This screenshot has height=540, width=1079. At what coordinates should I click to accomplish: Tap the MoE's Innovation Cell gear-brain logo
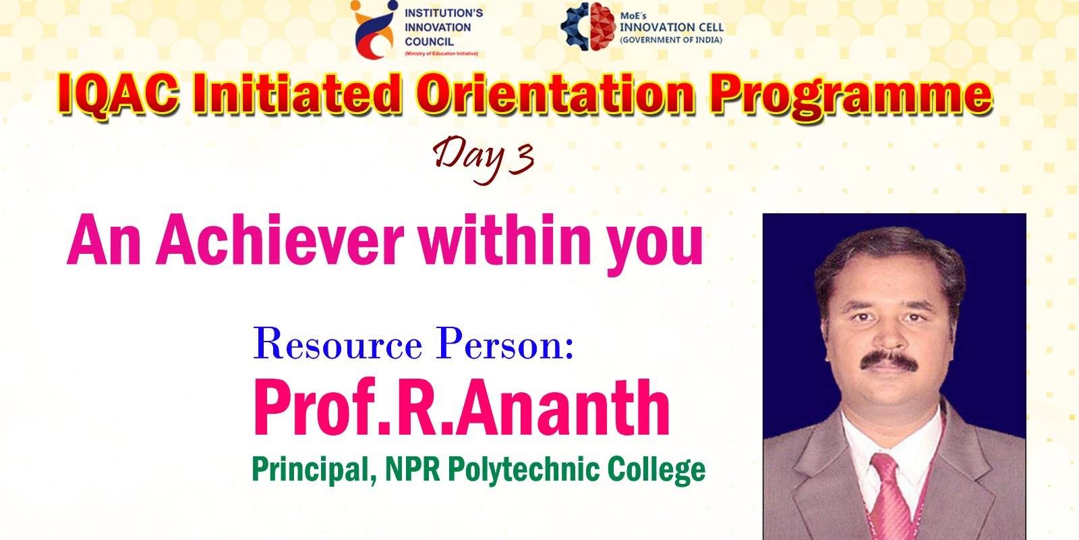click(x=588, y=26)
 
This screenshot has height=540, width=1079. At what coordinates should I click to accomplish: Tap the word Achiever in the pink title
click(x=279, y=240)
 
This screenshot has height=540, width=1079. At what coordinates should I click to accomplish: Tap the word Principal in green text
click(x=314, y=469)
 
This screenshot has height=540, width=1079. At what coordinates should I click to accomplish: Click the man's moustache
click(x=889, y=361)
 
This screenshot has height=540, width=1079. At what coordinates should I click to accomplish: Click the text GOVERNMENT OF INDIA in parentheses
click(x=671, y=40)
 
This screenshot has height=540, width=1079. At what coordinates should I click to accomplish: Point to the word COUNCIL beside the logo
click(x=429, y=42)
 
